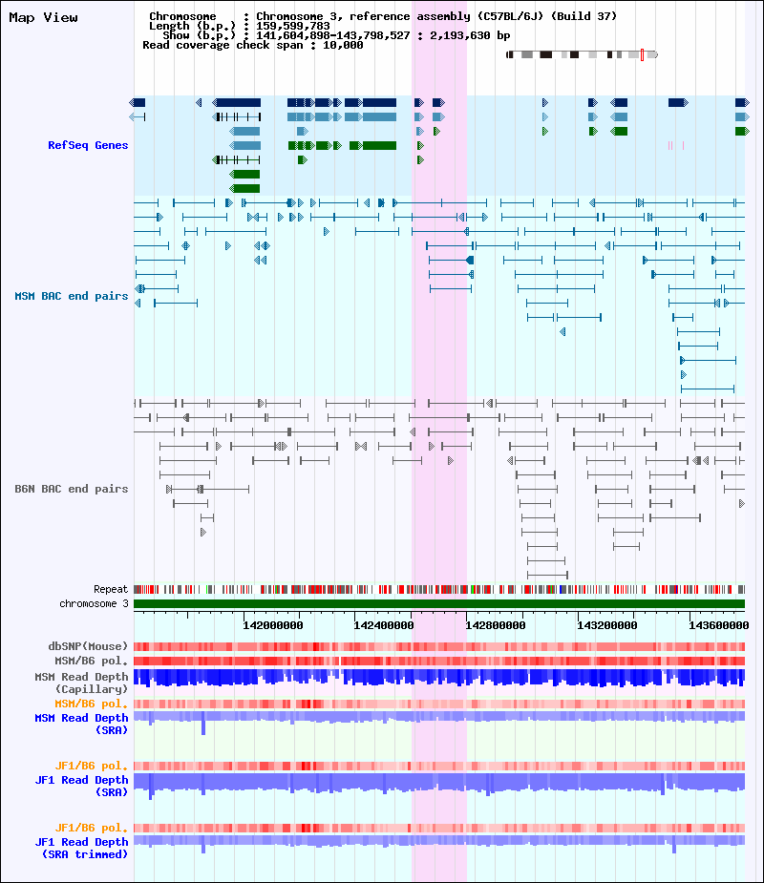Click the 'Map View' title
43,18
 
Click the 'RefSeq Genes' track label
88,145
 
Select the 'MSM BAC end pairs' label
72,296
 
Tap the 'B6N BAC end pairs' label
72,489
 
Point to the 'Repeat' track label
111,590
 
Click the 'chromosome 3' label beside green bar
95,603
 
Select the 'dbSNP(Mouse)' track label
88,646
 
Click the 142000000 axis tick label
273,625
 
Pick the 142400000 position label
384,625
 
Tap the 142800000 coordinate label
496,625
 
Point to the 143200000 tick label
606,625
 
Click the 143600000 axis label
719,625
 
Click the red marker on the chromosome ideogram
642,54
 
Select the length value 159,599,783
293,26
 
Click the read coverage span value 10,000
343,45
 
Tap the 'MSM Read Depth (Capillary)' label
82,683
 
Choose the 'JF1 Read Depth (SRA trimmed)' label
82,848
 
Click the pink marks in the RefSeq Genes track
675,145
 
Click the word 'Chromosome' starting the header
182,16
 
